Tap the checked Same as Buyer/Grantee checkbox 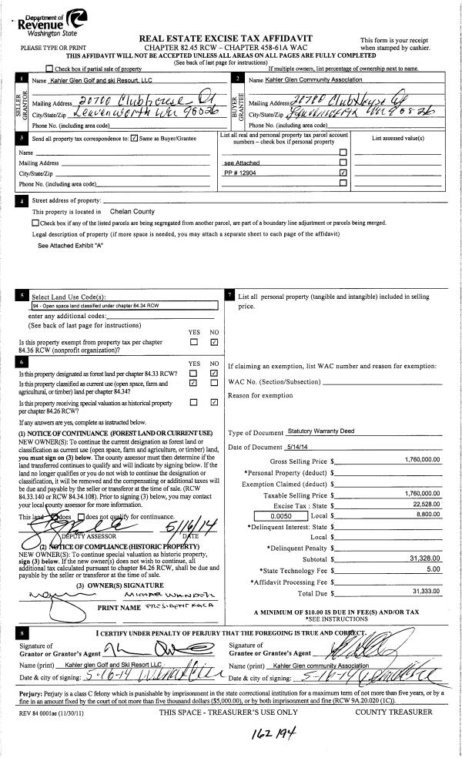135,139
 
